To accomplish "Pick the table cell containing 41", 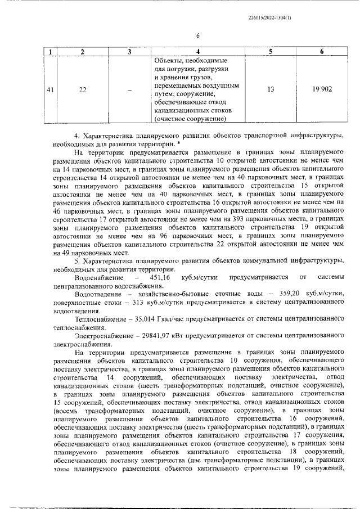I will [x=50, y=89].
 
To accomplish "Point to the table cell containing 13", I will [x=271, y=89].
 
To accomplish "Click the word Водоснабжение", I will [x=98, y=277].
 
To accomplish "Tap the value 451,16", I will [x=158, y=277].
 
